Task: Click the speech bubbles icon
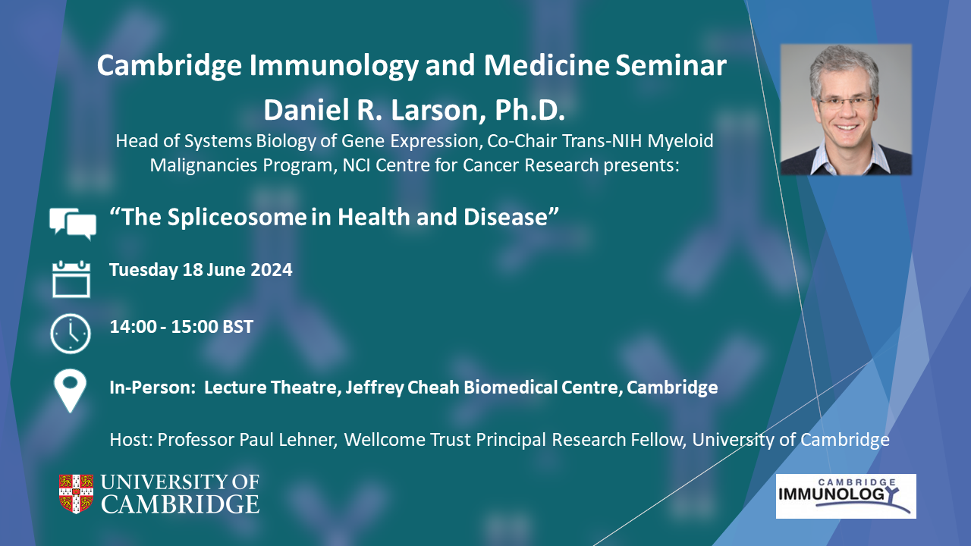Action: pyautogui.click(x=72, y=224)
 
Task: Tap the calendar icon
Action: pyautogui.click(x=71, y=279)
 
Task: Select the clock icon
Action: pyautogui.click(x=71, y=334)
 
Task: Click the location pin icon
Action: pyautogui.click(x=71, y=391)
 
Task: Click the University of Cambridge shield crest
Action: pyautogui.click(x=77, y=494)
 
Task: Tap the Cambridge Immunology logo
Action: pyautogui.click(x=846, y=496)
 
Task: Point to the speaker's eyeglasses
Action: pyautogui.click(x=845, y=103)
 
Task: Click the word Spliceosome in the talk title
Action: pyautogui.click(x=237, y=217)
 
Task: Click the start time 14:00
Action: pyautogui.click(x=133, y=327)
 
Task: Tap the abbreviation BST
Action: pyautogui.click(x=237, y=327)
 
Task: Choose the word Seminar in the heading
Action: pyautogui.click(x=671, y=65)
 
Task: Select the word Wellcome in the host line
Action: pyautogui.click(x=384, y=440)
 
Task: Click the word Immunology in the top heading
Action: pyautogui.click(x=334, y=66)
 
